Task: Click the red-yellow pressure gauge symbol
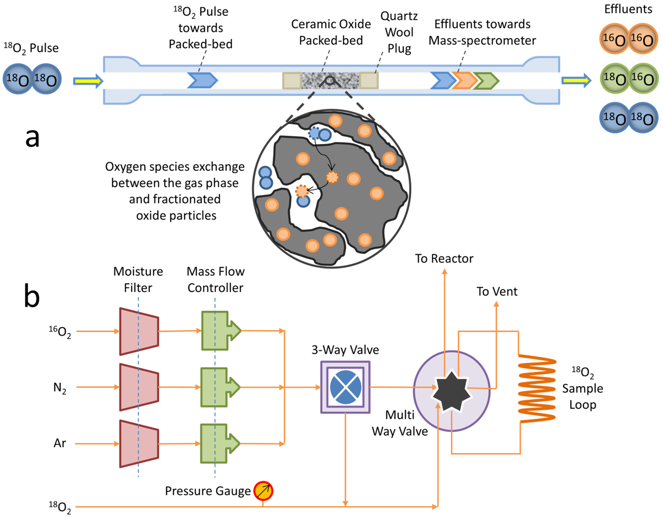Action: (x=263, y=491)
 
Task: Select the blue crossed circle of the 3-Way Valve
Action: (x=346, y=387)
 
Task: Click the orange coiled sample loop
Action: (x=537, y=388)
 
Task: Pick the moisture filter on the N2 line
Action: (x=139, y=387)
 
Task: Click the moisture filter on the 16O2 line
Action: (x=139, y=331)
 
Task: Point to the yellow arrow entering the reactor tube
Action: (x=88, y=82)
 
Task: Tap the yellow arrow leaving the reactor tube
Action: (x=576, y=81)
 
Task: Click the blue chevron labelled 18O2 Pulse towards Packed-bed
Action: (x=202, y=80)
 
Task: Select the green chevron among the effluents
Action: (x=486, y=81)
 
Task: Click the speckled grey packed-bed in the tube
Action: (x=330, y=81)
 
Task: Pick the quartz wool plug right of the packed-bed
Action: (x=369, y=81)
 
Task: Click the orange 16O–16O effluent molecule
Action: (x=628, y=39)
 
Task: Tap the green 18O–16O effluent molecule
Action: (x=628, y=78)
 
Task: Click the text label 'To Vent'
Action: (x=497, y=291)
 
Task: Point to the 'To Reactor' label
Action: (x=444, y=259)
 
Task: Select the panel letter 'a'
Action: (x=32, y=137)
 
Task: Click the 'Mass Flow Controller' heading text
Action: (x=215, y=280)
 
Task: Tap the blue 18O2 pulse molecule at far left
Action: (x=32, y=79)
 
